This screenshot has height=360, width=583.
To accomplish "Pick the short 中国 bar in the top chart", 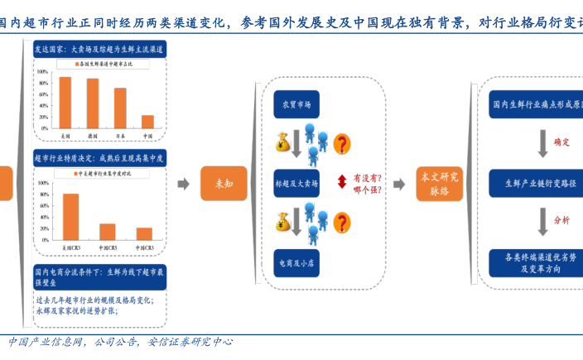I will [x=147, y=121].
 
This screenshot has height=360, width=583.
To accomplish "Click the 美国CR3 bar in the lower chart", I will [x=70, y=217].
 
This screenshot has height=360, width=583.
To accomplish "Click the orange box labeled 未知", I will [x=219, y=184].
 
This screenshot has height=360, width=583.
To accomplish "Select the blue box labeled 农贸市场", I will [x=296, y=104].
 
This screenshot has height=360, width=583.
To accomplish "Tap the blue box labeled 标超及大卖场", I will [x=296, y=183].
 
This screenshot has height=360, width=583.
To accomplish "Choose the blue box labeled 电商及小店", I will [x=296, y=262].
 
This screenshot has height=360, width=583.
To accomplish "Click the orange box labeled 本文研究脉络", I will [x=439, y=184].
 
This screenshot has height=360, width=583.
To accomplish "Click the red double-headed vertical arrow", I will [x=340, y=182].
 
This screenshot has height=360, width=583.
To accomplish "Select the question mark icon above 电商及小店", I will [x=341, y=222].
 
